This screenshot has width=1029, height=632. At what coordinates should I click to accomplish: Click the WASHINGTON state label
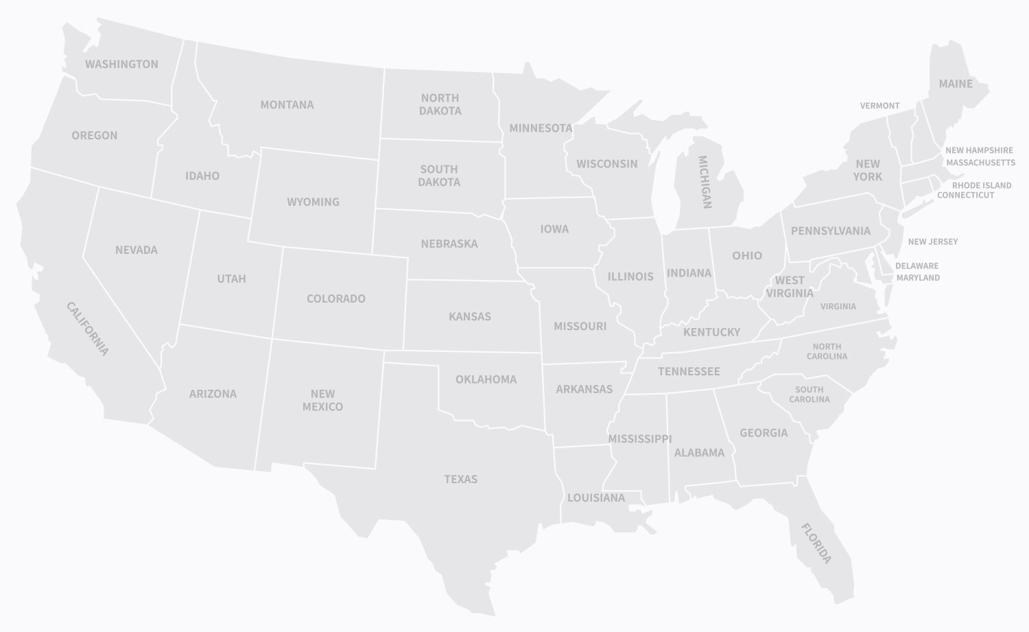[x=121, y=64]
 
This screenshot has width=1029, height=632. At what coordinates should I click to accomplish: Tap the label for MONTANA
[x=287, y=104]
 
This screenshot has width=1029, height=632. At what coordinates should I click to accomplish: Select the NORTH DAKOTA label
[x=440, y=104]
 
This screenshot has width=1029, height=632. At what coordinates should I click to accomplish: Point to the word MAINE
[x=956, y=84]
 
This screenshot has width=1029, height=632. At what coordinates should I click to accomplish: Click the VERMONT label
[x=879, y=106]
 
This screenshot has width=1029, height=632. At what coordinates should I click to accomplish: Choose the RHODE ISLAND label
[x=981, y=185]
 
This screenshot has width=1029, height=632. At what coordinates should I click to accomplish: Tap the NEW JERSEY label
[x=932, y=242]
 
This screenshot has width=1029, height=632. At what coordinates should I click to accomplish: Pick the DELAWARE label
[x=916, y=266]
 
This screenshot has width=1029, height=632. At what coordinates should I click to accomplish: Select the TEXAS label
[x=460, y=479]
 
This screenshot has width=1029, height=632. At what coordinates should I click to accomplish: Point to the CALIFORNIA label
[x=87, y=329]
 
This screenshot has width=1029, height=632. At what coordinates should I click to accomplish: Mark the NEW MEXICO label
[x=322, y=400]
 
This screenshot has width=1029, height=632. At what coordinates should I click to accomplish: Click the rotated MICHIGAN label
[x=705, y=182]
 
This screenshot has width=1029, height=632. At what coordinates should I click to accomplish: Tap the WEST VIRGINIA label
[x=790, y=287]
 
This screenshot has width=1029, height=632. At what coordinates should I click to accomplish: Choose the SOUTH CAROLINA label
[x=809, y=395]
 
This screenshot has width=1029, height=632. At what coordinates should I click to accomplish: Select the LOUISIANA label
[x=595, y=498]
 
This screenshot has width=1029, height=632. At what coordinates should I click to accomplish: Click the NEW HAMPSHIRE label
[x=979, y=150]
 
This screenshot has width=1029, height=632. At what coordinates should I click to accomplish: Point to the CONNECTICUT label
[x=965, y=195]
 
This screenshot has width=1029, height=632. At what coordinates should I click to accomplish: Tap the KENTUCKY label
[x=711, y=332]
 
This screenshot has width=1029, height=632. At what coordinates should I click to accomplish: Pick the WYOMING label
[x=313, y=202]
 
